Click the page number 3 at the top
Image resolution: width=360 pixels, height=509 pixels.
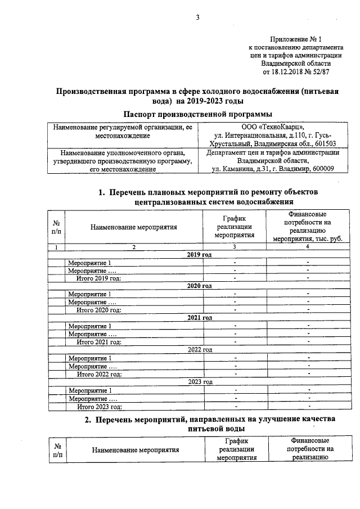197,17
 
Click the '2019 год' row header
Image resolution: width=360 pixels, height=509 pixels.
200,255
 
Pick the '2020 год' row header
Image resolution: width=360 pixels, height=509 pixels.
200,286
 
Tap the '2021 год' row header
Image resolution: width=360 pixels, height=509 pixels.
200,318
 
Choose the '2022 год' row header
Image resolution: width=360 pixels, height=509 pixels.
200,349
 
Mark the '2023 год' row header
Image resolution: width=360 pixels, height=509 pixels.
200,381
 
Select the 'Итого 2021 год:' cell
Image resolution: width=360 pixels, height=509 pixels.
99,341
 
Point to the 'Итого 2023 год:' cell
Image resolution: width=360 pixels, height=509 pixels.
99,406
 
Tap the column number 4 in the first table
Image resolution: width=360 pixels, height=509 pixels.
307,247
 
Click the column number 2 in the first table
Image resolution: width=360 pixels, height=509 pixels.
134,247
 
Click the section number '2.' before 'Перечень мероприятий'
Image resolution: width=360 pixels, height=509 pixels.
88,420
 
